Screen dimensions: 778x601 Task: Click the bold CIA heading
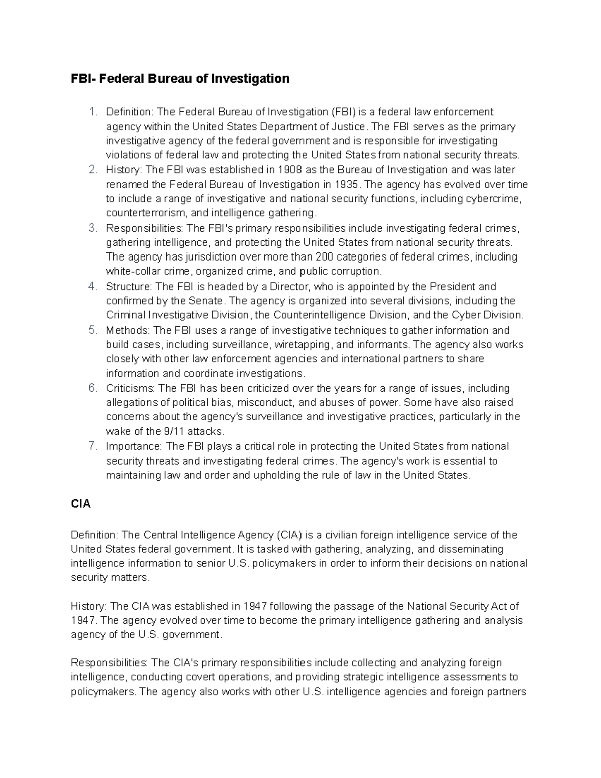pyautogui.click(x=81, y=504)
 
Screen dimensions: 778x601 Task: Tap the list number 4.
pyautogui.click(x=92, y=287)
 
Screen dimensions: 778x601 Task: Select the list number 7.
pyautogui.click(x=92, y=446)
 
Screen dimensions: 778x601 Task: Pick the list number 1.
pyautogui.click(x=92, y=112)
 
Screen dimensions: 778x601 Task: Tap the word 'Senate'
pyautogui.click(x=205, y=301)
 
